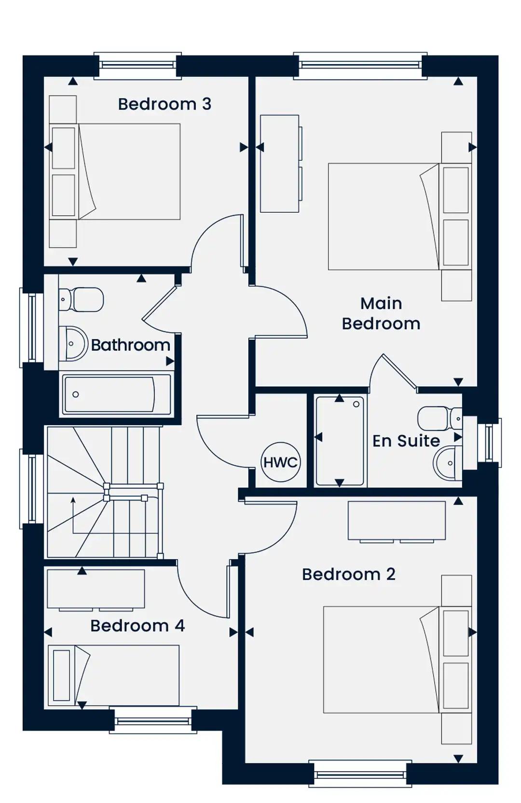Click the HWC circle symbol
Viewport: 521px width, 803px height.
[x=280, y=462]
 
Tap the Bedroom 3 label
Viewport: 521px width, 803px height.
[x=165, y=104]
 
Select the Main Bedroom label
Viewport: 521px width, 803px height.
[x=381, y=314]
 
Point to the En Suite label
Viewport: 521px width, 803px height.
[x=406, y=441]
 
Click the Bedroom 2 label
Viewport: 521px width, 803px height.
[x=349, y=574]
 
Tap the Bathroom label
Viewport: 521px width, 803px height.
[x=130, y=345]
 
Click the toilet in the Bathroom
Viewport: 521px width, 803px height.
[x=82, y=299]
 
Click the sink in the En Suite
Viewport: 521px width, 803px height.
[x=448, y=463]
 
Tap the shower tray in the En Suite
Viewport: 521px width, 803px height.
[x=339, y=441]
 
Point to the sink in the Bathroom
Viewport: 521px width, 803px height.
[x=73, y=344]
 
